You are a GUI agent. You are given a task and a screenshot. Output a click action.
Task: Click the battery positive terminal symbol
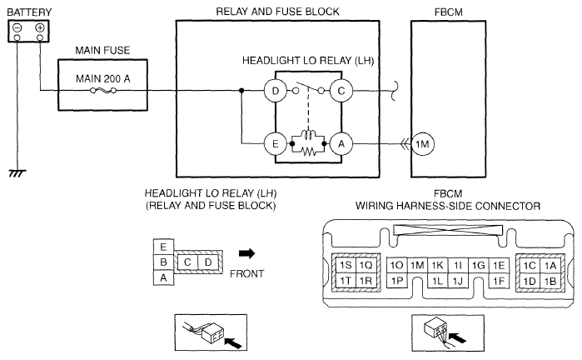38,28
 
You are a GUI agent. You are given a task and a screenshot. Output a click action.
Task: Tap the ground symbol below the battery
15,172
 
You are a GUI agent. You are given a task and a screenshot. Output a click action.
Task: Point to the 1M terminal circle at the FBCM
422,143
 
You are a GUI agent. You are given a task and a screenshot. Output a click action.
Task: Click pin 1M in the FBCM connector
418,265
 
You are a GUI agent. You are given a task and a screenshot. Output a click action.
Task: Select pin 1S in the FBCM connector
345,265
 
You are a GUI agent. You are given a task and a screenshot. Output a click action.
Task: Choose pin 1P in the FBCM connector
397,281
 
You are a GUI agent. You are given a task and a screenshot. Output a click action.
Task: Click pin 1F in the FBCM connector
499,281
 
